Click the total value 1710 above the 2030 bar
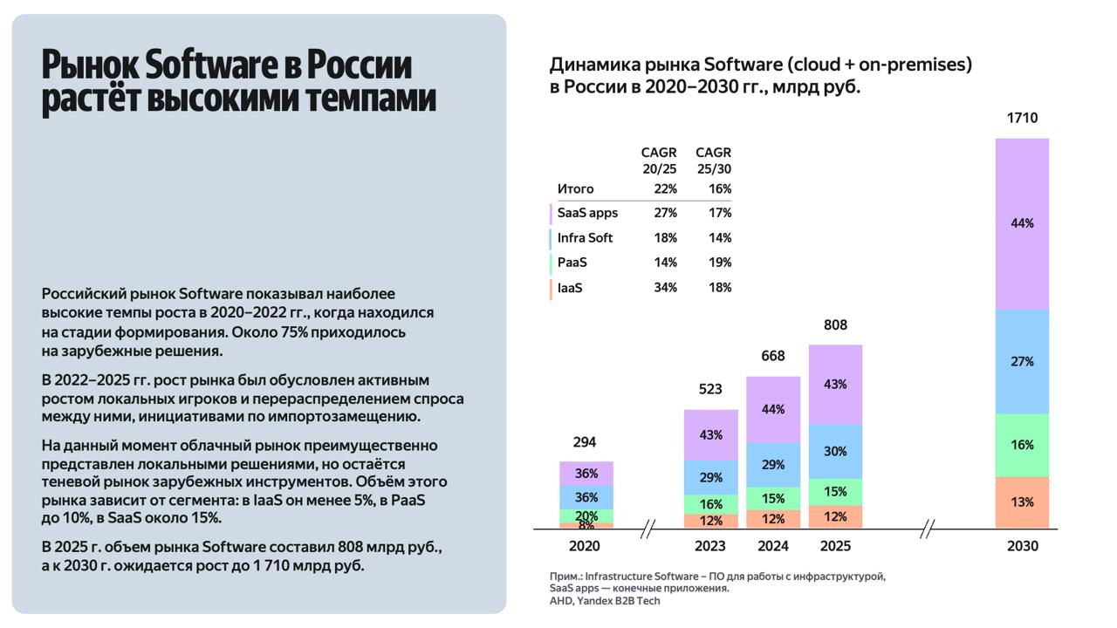coord(1022,118)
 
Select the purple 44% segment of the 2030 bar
coord(1022,223)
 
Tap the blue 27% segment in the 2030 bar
coord(1022,361)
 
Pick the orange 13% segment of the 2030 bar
coord(1022,502)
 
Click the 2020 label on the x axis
coord(585,546)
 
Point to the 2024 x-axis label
coord(773,546)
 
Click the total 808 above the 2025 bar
coord(835,325)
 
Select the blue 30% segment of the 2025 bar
coord(835,451)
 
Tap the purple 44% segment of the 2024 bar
coord(773,409)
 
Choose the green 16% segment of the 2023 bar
coord(710,504)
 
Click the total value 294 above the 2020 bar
coord(585,442)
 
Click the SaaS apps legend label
coord(587,213)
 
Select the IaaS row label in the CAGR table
coord(570,288)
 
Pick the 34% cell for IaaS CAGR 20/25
coord(665,288)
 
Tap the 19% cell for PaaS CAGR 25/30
coord(720,263)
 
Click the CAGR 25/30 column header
coord(714,160)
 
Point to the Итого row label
coord(575,188)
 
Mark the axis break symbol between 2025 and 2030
coord(928,529)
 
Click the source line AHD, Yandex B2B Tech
coord(605,601)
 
